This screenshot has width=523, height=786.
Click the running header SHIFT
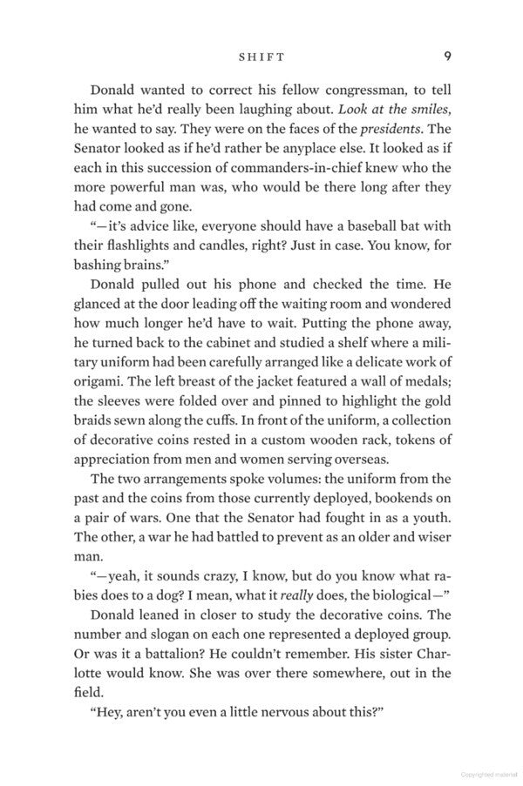[261, 57]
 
